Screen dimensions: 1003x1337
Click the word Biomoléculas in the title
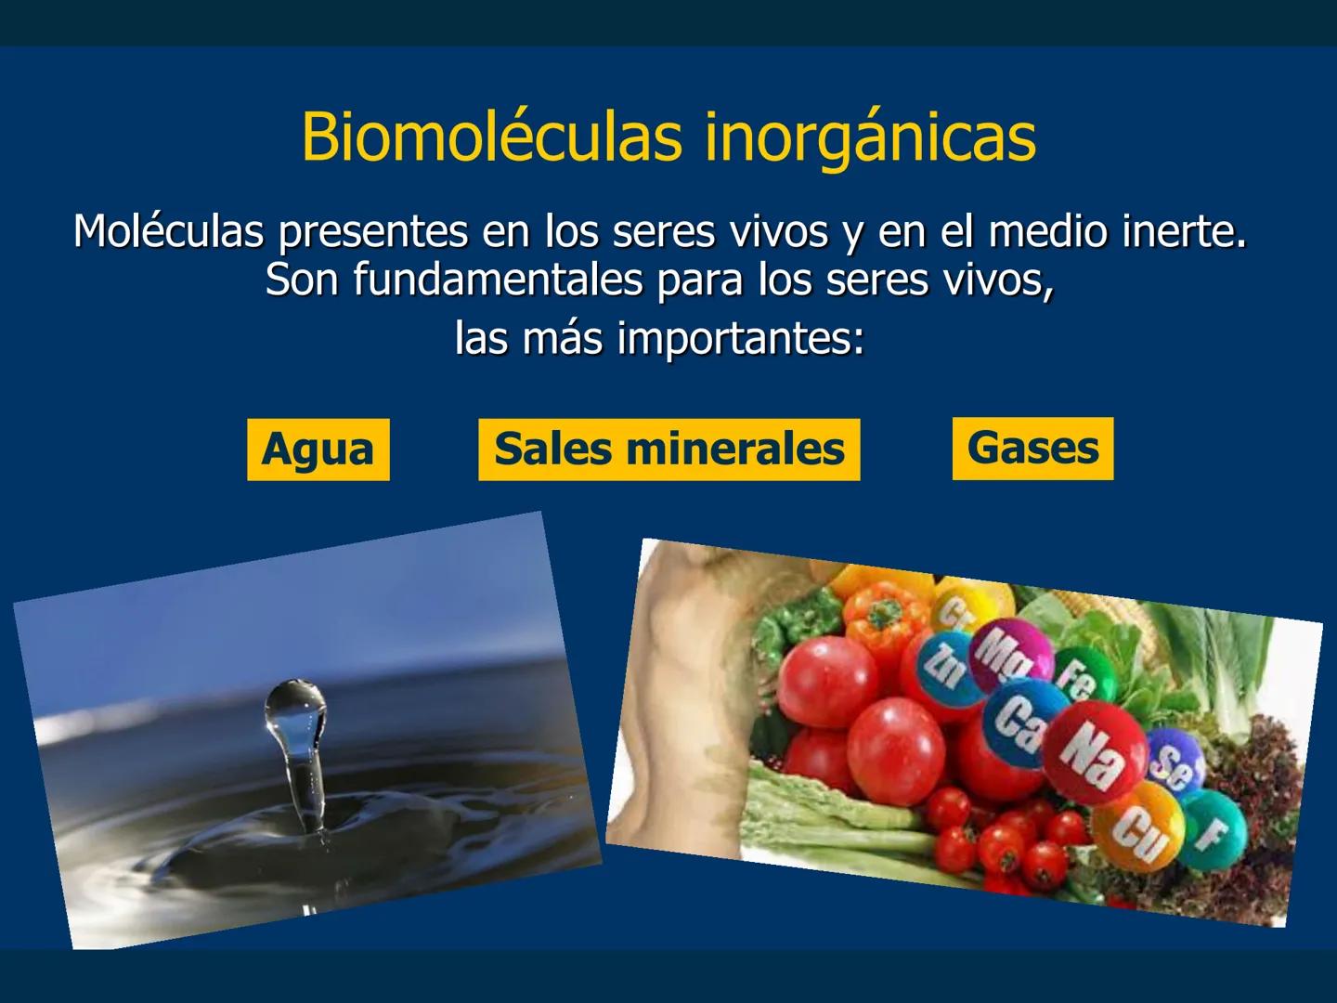(x=492, y=137)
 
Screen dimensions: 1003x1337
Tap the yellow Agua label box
(x=318, y=449)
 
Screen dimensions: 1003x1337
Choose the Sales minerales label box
(x=668, y=449)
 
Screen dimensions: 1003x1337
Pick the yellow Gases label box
(x=1032, y=449)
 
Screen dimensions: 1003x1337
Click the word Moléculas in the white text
(x=168, y=230)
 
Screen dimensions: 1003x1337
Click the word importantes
(x=740, y=338)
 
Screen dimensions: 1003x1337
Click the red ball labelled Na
(x=1094, y=754)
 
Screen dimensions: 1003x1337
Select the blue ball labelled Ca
(x=1017, y=722)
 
